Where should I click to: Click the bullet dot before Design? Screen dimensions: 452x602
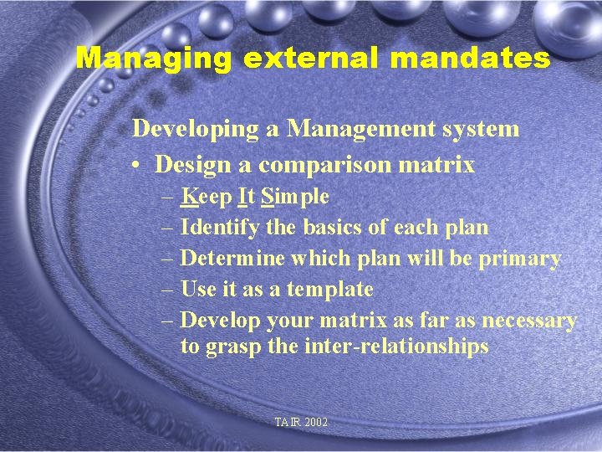pyautogui.click(x=135, y=165)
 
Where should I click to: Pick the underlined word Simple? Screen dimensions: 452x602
pyautogui.click(x=295, y=198)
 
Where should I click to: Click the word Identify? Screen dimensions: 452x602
pyautogui.click(x=220, y=228)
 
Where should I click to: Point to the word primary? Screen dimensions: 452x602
pyautogui.click(x=519, y=259)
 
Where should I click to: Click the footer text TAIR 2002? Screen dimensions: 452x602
pyautogui.click(x=301, y=423)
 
